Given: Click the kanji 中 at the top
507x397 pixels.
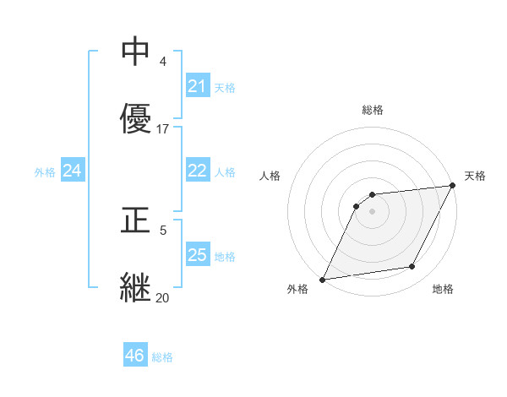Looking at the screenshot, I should (135, 52).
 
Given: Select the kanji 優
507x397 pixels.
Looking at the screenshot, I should (135, 118).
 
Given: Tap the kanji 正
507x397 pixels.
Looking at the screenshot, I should (135, 220).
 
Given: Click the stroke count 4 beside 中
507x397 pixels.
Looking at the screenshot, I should (163, 62).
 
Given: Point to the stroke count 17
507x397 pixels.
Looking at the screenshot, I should (163, 129).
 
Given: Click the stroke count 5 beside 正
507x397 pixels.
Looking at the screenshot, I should (163, 230).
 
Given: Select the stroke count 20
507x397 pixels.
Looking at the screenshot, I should (163, 297).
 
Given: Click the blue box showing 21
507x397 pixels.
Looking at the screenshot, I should (197, 86).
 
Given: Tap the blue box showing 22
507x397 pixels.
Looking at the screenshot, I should (197, 171).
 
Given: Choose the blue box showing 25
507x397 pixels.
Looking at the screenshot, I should (197, 255).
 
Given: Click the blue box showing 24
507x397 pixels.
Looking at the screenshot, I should (72, 171).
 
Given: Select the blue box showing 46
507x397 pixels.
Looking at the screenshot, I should (134, 356).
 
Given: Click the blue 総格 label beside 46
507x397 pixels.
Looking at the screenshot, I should (162, 357).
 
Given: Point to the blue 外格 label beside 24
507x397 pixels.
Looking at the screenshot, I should (45, 172).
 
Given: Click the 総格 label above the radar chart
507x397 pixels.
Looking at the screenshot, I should (373, 110).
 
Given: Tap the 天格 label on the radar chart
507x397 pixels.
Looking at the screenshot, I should (475, 176).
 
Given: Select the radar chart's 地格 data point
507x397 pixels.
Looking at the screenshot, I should (412, 267).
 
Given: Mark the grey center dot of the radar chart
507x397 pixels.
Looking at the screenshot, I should (373, 211).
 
